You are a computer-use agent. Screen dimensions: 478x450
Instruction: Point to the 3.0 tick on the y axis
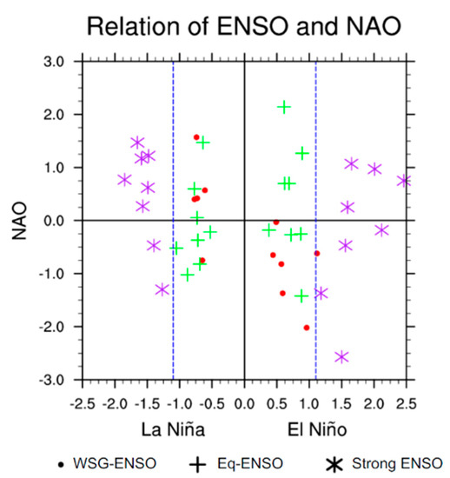[53, 62]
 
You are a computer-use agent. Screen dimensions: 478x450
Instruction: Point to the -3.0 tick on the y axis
[50, 380]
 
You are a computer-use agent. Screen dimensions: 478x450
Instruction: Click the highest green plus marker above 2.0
[283, 107]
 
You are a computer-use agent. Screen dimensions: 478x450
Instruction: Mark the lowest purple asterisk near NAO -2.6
[342, 356]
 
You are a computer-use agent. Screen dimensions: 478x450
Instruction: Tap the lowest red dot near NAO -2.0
[307, 328]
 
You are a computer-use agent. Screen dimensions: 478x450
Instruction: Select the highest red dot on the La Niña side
[196, 137]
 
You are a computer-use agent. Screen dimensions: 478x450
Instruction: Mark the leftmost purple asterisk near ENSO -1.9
[124, 180]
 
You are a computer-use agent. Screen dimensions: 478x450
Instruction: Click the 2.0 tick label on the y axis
[53, 115]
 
